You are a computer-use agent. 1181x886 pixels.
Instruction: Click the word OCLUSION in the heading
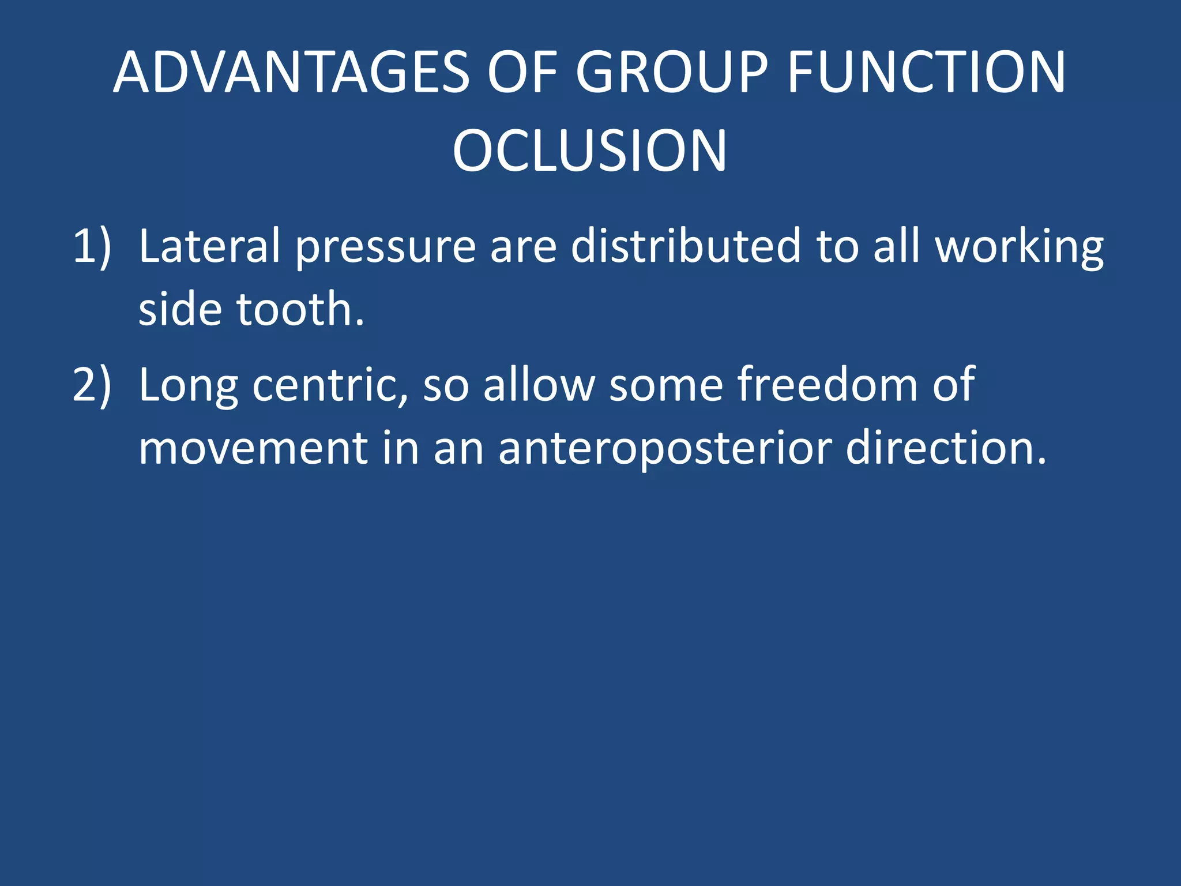point(589,151)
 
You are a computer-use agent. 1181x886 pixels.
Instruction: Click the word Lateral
point(209,247)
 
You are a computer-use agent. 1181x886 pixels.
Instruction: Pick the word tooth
point(300,310)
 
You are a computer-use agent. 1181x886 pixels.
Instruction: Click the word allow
point(539,385)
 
